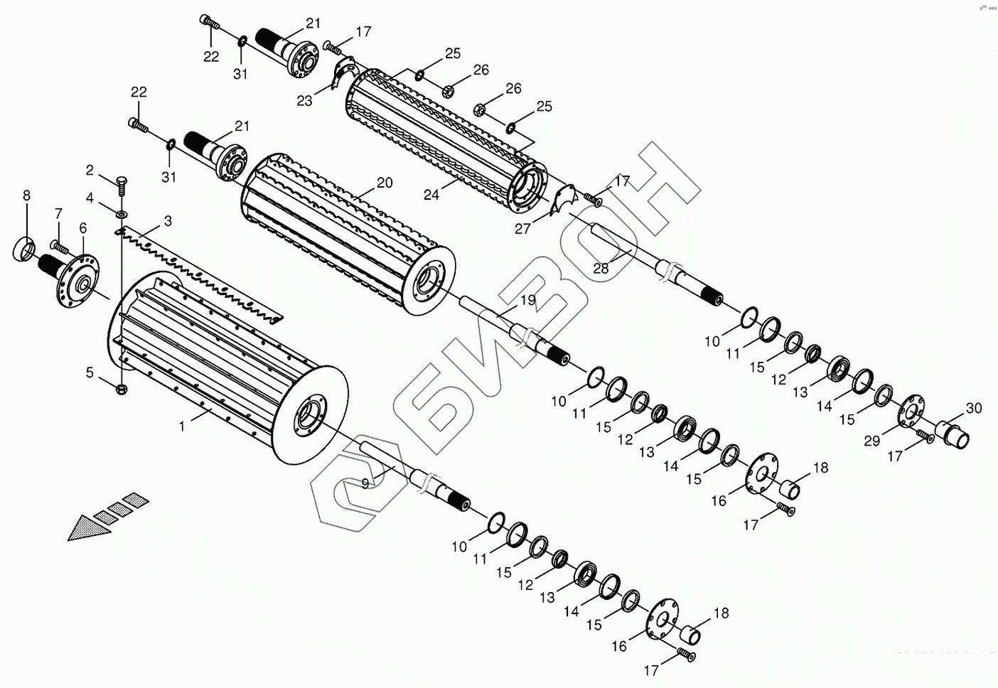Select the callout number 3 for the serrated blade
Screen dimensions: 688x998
point(168,221)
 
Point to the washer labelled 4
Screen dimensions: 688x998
point(122,213)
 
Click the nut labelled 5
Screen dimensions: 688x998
point(122,388)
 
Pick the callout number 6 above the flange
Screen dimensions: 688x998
point(83,227)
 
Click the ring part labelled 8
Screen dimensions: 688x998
point(23,250)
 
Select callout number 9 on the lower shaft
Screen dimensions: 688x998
point(365,483)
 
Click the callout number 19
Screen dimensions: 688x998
point(527,300)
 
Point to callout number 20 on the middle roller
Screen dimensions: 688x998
point(385,183)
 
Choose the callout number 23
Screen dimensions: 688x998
point(304,101)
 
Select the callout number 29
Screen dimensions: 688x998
point(871,440)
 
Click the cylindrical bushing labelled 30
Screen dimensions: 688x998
point(952,432)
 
